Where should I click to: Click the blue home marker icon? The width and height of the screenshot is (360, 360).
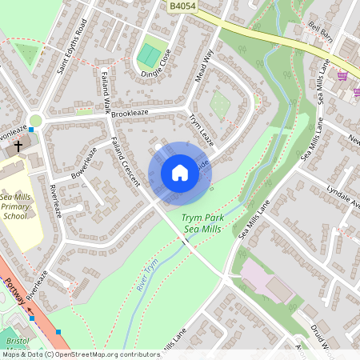coord(180,172)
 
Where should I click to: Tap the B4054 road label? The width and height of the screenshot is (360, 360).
coord(182,6)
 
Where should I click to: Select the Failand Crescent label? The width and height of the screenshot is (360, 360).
coord(126,162)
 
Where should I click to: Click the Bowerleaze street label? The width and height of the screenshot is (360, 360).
coord(84,162)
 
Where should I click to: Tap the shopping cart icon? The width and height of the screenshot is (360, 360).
coord(343,77)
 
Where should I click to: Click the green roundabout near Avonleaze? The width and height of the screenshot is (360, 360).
coord(34,122)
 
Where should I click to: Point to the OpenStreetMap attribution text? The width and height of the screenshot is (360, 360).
coord(80,354)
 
